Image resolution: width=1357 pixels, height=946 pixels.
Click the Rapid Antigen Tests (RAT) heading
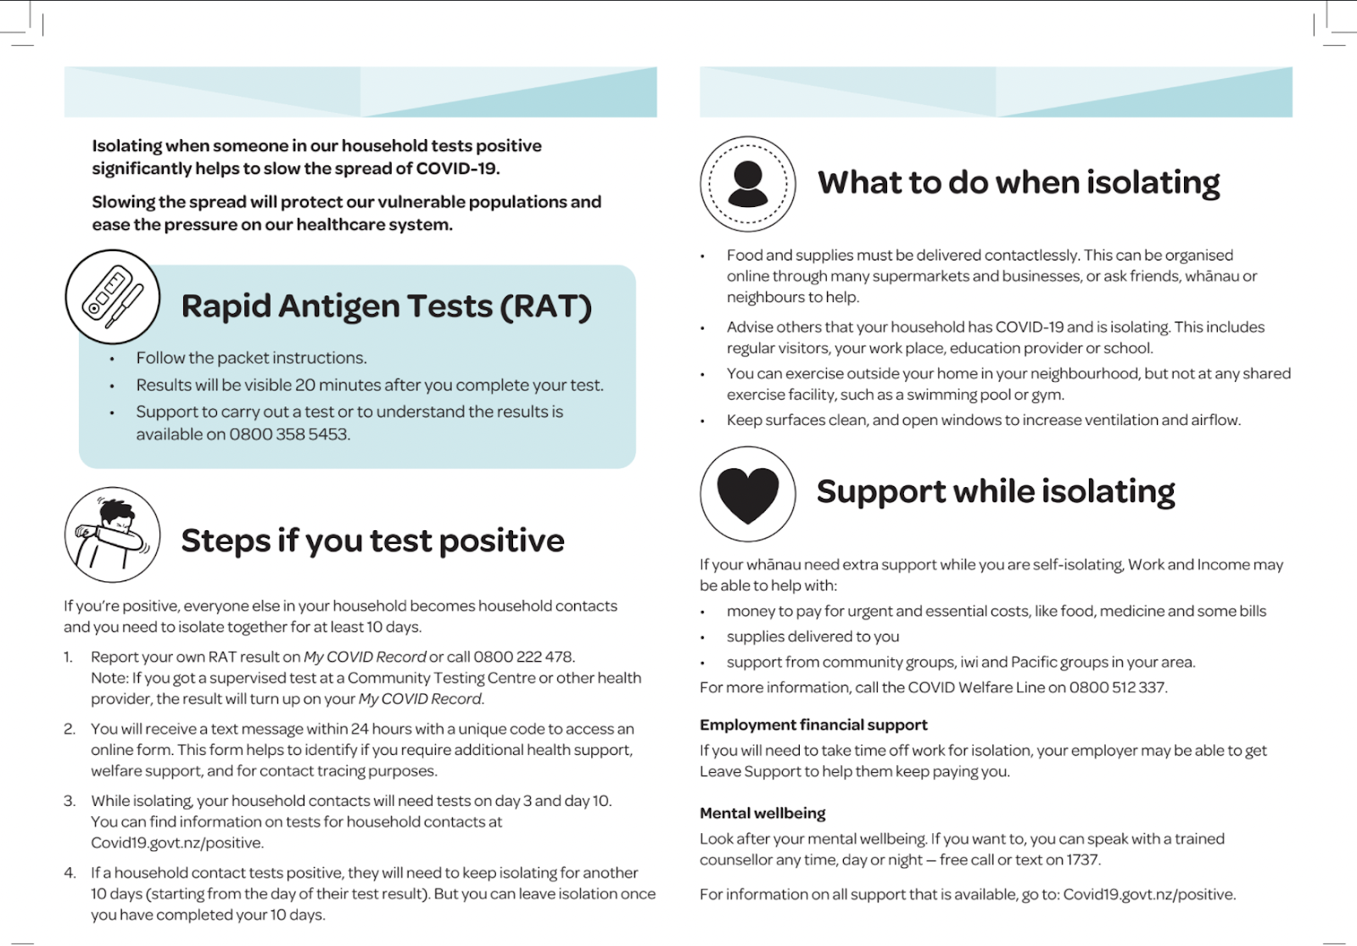coord(386,306)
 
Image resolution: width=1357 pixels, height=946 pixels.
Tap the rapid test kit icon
coord(113,297)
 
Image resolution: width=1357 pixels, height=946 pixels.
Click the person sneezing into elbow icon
coord(112,535)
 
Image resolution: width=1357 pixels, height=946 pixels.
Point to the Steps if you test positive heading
coord(372,540)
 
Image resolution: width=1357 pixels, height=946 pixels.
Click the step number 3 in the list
coord(70,801)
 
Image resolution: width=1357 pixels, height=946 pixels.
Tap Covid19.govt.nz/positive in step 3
coord(176,843)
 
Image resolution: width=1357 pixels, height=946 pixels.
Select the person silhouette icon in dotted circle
coord(747,183)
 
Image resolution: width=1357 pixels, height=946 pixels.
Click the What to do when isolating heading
coord(1018,182)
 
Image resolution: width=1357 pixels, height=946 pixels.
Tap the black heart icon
coord(747,494)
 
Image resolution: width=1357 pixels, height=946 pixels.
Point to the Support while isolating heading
coord(995,491)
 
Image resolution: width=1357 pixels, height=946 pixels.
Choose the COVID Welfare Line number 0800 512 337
coord(1117,687)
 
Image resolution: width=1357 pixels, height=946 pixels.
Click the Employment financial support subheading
coord(813,725)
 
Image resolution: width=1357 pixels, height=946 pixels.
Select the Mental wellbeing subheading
coord(762,813)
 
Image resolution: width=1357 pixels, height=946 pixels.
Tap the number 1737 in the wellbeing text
coord(1082,859)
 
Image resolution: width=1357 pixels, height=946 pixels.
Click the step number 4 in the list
coord(70,873)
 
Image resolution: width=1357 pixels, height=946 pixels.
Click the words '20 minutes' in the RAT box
coord(338,385)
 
